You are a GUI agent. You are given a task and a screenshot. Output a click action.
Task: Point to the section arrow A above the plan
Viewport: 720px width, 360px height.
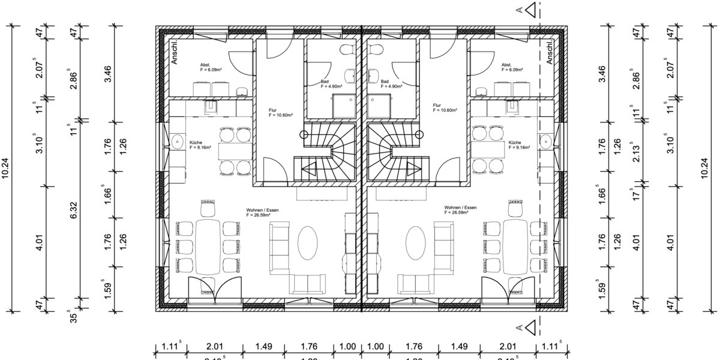(529, 10)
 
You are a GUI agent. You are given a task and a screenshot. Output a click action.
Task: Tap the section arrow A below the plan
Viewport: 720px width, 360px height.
(529, 328)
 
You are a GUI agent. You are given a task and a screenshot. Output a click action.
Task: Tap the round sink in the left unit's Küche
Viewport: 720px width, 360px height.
(178, 142)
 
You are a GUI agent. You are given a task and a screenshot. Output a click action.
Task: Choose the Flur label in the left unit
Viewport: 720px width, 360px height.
(273, 111)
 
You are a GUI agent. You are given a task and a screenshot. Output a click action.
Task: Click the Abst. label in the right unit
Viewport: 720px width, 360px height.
(506, 65)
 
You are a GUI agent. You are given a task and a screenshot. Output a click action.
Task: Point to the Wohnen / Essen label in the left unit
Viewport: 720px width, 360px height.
(262, 211)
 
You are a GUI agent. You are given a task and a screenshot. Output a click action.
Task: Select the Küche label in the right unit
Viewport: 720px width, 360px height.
(515, 143)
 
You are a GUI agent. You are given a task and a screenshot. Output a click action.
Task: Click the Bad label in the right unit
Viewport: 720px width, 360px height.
(385, 82)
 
